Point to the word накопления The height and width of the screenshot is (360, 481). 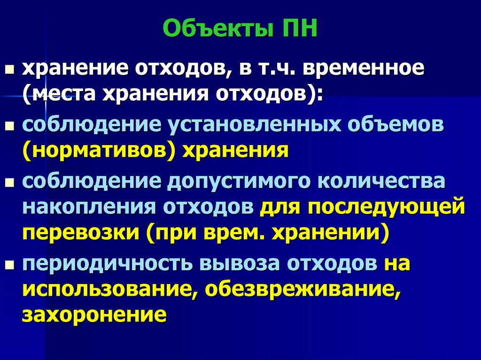pyautogui.click(x=89, y=207)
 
